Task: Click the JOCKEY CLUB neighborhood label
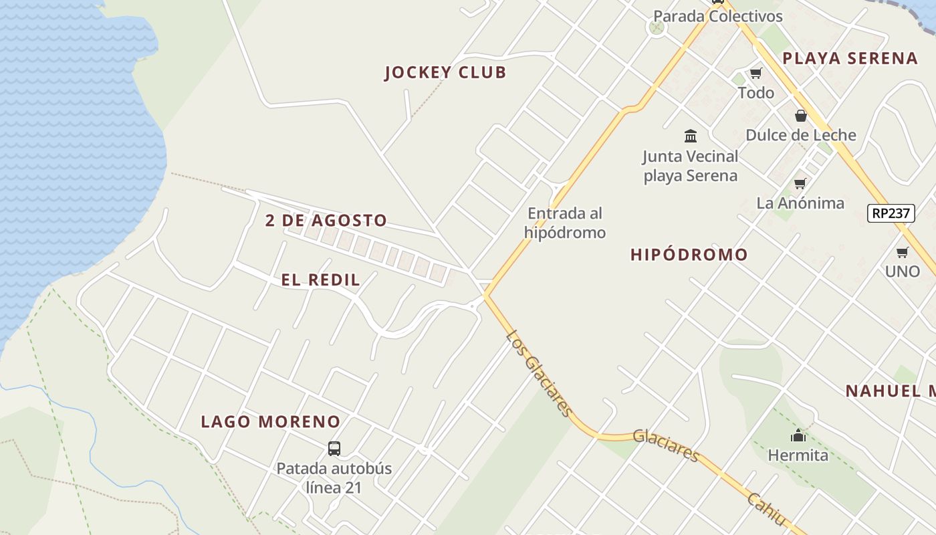[x=445, y=73]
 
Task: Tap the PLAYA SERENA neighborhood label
[x=850, y=58]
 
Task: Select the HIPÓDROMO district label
[x=689, y=255]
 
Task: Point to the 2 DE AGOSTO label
[x=326, y=221]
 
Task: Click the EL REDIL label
[x=320, y=280]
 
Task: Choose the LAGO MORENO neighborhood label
[x=271, y=422]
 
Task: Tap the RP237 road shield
[x=891, y=213]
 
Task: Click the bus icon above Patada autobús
[x=334, y=448]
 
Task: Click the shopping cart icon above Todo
[x=755, y=73]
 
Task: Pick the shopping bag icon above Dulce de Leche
[x=800, y=116]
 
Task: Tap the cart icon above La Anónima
[x=800, y=183]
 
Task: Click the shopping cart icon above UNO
[x=902, y=252]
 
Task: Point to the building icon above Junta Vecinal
[x=691, y=136]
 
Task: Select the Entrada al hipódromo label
[x=565, y=223]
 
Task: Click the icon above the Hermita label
[x=798, y=436]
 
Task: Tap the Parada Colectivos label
[x=717, y=16]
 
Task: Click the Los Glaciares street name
[x=539, y=372]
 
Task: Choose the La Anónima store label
[x=800, y=203]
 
